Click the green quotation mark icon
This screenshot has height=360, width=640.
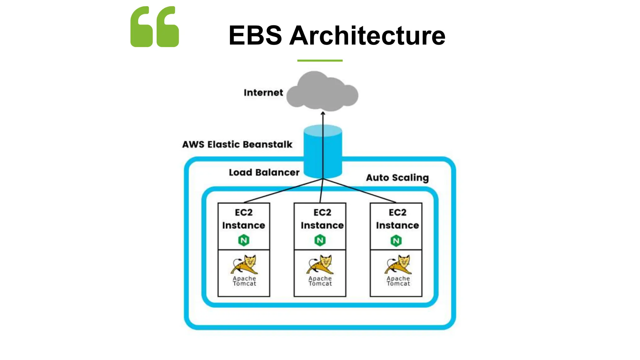pos(155,27)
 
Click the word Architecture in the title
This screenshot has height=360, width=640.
pos(367,35)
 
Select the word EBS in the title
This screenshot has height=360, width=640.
pos(255,35)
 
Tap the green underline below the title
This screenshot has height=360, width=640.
pos(320,60)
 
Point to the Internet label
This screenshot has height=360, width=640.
pos(263,92)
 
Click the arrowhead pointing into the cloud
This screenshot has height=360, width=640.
pos(323,113)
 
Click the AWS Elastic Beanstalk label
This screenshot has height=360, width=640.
pos(237,144)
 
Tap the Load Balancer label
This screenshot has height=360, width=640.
pos(264,172)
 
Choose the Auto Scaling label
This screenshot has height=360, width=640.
pos(397,177)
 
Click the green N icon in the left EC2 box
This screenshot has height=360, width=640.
pos(244,240)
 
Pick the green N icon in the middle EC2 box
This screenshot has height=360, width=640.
pos(320,240)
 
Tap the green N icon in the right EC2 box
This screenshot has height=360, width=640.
pos(396,241)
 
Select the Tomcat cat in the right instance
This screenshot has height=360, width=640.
pos(398,264)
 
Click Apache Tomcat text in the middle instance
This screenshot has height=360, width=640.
pos(320,281)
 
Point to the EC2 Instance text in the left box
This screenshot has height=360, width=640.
pos(244,219)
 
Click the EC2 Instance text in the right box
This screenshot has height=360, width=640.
pos(397,219)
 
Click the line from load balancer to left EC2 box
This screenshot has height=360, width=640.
pos(283,191)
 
